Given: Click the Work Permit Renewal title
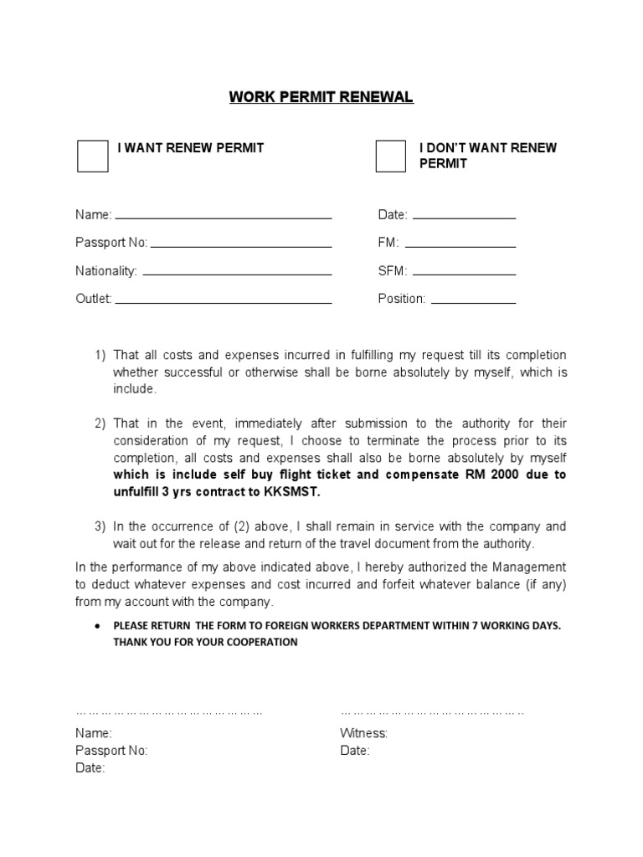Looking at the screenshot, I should coord(321,97).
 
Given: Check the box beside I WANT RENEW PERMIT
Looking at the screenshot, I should coord(92,156).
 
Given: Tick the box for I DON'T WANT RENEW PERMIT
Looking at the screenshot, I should coord(390,156).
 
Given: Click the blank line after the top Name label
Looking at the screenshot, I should coord(224,218).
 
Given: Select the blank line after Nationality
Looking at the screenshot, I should coord(237,274).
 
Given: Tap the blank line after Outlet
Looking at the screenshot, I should coord(224,301).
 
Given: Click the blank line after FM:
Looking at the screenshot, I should coord(460,246).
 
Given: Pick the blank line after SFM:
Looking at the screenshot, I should coord(464,274).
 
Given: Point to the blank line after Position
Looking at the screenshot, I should coord(472,301).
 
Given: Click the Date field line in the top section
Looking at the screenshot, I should coord(464,218).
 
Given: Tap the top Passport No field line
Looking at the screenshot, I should coord(241,246).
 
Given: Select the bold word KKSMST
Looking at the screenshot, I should coord(292,491).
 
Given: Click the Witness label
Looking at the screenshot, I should coord(363,733).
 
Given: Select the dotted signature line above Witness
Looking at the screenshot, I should coord(432,712).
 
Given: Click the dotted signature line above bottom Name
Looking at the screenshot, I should coord(169,712).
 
